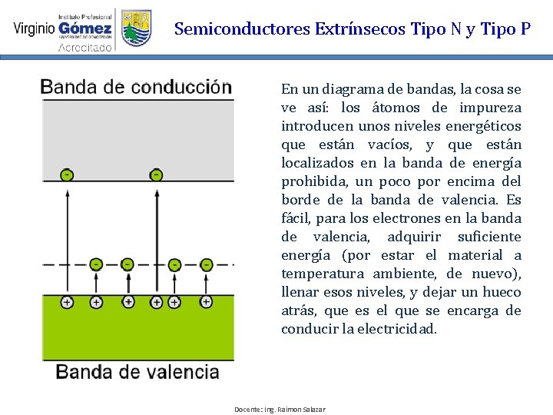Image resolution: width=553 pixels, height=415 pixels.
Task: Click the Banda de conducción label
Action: point(136,87)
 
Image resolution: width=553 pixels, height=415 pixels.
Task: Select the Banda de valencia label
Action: point(137,373)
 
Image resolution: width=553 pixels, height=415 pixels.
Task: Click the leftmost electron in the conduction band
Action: point(68,175)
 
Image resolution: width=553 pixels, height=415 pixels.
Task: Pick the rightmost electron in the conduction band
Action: point(157,175)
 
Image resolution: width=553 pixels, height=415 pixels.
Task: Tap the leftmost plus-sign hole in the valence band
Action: point(68,303)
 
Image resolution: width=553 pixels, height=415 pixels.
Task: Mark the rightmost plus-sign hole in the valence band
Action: point(206,303)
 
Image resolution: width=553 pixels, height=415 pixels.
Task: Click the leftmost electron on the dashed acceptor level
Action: point(95,264)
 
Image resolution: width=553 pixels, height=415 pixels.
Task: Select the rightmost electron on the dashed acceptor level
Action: point(206,264)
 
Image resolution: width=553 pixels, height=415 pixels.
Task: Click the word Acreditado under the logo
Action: point(85,47)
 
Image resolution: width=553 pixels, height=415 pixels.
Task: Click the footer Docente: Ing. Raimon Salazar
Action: point(280,409)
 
